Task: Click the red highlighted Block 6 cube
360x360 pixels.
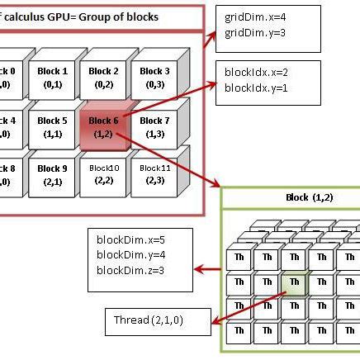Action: (x=103, y=126)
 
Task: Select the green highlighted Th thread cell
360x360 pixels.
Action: (x=293, y=285)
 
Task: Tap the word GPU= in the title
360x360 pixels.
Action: (x=62, y=17)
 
